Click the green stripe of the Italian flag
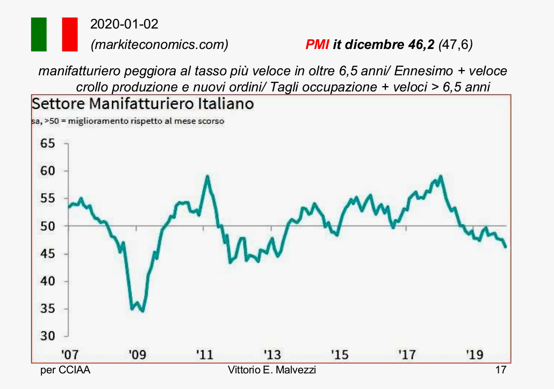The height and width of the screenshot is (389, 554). pos(39,34)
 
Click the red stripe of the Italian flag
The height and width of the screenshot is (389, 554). pos(70,34)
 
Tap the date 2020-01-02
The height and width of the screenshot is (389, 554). pos(124,24)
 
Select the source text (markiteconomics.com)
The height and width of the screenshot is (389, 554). pos(160,45)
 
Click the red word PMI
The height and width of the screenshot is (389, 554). pos(317,45)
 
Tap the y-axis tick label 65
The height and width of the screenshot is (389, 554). pos(48,143)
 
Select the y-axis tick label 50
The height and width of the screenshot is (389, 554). pos(48,226)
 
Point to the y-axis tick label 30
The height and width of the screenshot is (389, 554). pos(48,336)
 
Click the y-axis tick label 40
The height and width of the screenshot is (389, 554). pos(48,281)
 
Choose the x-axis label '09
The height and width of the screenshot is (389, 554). pos(137,354)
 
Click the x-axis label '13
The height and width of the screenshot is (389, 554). pos(272,354)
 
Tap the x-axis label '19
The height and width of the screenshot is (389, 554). pos(474,354)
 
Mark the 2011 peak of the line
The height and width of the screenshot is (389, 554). pos(207,176)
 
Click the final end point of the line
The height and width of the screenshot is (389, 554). pos(506,247)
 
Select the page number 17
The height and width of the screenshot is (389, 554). pos(501,370)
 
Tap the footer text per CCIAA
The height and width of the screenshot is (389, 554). pos(66,370)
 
